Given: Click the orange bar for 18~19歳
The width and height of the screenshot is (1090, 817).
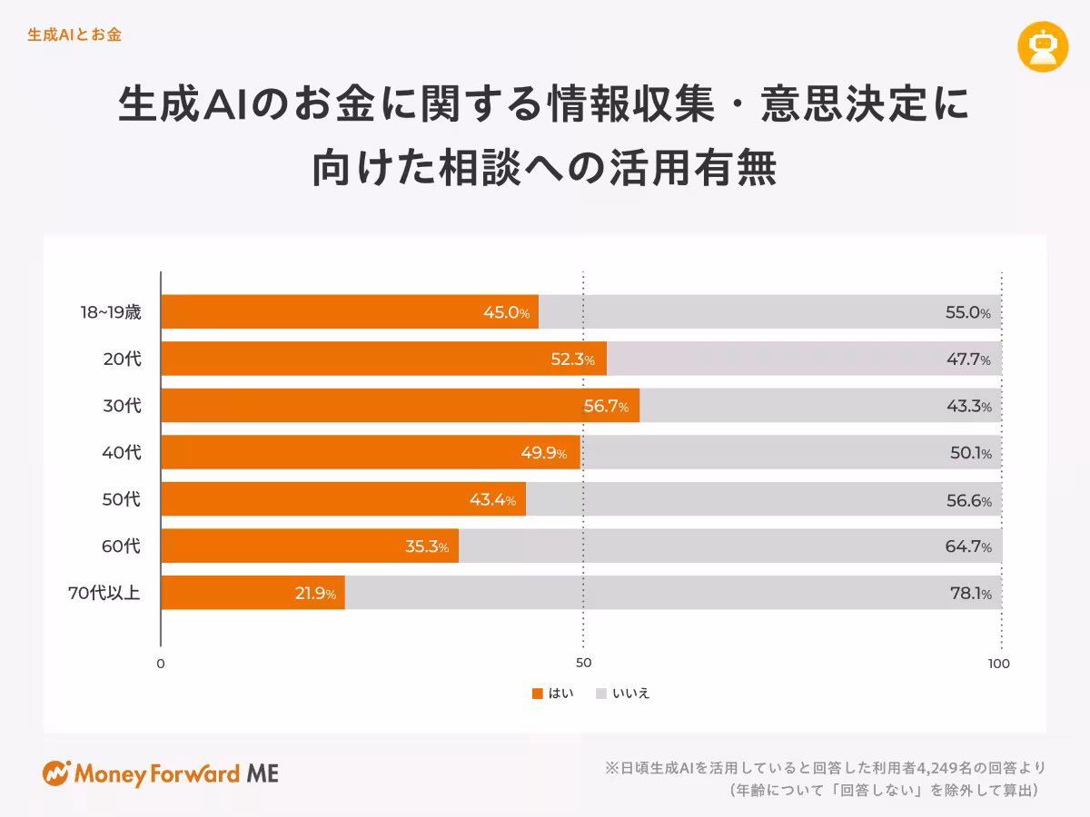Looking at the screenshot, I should [x=350, y=311].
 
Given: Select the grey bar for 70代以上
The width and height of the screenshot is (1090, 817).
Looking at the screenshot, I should [x=672, y=593].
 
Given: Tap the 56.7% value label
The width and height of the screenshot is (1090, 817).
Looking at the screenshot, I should [x=606, y=406].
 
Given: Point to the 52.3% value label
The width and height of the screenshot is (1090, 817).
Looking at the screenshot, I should [x=572, y=359].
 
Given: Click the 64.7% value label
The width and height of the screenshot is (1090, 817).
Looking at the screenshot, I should [x=967, y=546].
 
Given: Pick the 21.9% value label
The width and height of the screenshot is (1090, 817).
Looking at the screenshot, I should [x=315, y=594].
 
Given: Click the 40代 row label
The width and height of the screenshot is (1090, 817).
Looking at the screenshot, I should [x=122, y=452].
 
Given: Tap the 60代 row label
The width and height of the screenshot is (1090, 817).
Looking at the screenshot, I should [x=122, y=546].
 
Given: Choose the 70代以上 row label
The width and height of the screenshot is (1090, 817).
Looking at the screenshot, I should [x=104, y=594].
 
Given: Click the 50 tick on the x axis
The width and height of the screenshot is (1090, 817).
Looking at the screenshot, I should [x=584, y=664].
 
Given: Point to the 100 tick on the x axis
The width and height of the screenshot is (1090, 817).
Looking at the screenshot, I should [x=998, y=664].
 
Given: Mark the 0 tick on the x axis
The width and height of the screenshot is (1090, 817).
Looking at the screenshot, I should [x=161, y=664].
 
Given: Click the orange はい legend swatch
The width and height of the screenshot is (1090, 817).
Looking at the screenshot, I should [x=537, y=694].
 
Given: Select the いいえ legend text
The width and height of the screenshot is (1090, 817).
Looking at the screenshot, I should [x=631, y=694].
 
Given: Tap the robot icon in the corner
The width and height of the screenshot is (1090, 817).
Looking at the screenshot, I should [x=1043, y=46].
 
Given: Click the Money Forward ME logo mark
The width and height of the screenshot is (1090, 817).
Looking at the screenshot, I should [x=56, y=773].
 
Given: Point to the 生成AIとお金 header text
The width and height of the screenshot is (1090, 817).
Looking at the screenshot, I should [x=74, y=35].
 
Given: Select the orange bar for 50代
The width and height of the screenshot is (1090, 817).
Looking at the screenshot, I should [x=343, y=499].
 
